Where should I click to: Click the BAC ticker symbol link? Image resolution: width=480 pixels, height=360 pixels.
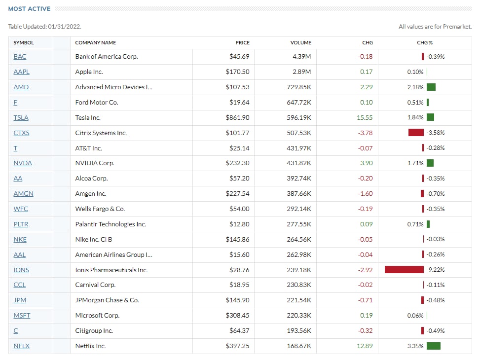pyautogui.click(x=20, y=57)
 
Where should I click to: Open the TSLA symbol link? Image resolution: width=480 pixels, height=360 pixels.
pyautogui.click(x=21, y=118)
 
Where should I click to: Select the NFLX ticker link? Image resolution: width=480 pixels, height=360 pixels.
pyautogui.click(x=22, y=346)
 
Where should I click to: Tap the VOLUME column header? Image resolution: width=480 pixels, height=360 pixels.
pyautogui.click(x=300, y=43)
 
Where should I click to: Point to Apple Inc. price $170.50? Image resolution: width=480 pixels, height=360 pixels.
pyautogui.click(x=237, y=72)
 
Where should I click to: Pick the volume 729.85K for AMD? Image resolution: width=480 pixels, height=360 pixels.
pyautogui.click(x=298, y=87)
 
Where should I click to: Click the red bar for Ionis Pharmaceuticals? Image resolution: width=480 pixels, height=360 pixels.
pyautogui.click(x=404, y=270)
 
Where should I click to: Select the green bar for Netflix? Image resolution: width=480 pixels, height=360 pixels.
pyautogui.click(x=433, y=346)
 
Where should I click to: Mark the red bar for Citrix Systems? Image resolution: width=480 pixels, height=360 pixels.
pyautogui.click(x=416, y=133)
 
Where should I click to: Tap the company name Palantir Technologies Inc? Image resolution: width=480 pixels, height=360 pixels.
pyautogui.click(x=111, y=224)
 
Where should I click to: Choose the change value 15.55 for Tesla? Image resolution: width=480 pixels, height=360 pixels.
pyautogui.click(x=365, y=118)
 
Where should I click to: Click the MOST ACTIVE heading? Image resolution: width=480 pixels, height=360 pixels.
pyautogui.click(x=30, y=9)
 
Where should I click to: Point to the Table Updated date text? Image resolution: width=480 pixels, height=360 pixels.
pyautogui.click(x=44, y=27)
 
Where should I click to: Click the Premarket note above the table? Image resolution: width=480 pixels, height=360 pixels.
pyautogui.click(x=435, y=27)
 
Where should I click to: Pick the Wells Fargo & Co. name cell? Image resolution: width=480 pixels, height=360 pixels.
pyautogui.click(x=100, y=209)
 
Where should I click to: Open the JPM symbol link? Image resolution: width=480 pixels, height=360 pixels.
pyautogui.click(x=20, y=300)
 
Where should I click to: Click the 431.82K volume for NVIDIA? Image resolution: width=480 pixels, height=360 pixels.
pyautogui.click(x=299, y=163)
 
